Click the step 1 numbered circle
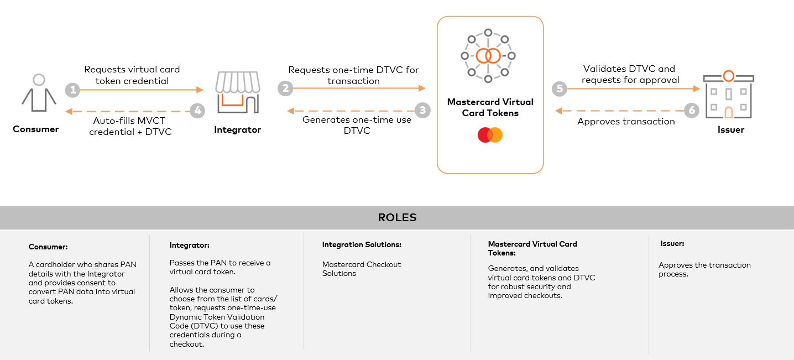tap(72, 90)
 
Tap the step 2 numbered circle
tap(285, 88)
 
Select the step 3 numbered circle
tap(422, 111)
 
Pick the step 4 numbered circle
tap(197, 111)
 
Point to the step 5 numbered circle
tap(560, 88)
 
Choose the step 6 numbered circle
tap(691, 111)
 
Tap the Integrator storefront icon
tap(237, 92)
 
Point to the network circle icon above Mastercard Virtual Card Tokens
tap(488, 56)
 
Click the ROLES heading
tap(397, 217)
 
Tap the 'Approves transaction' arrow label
tap(626, 122)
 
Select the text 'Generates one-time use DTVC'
tap(357, 125)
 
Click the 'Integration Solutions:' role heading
tap(362, 244)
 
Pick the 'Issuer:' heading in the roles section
tap(672, 243)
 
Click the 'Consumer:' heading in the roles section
tap(48, 247)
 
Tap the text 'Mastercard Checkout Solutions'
tap(362, 269)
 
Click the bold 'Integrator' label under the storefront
tap(237, 130)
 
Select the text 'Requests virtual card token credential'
tap(132, 75)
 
